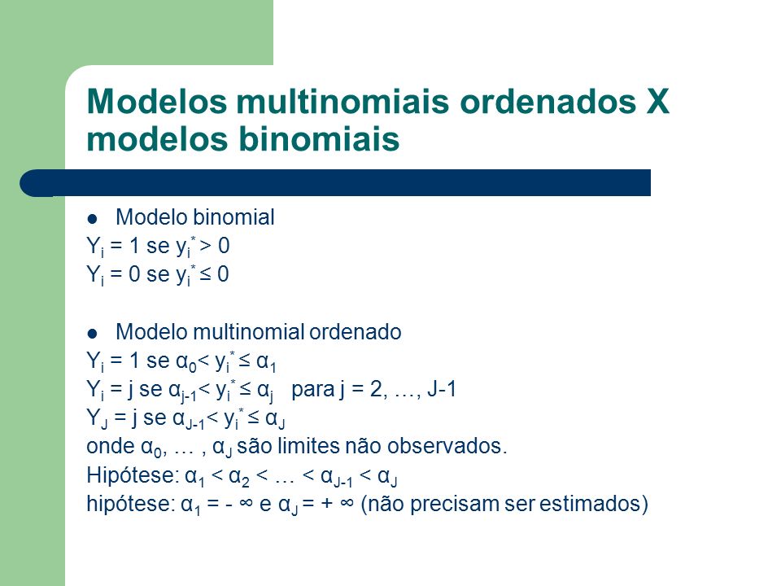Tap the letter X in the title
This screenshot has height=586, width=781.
click(657, 101)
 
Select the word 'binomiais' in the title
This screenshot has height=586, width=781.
click(319, 138)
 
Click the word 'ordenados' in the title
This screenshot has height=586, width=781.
click(548, 101)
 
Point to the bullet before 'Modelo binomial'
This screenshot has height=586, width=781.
click(92, 218)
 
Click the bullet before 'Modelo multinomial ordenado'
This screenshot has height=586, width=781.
click(92, 333)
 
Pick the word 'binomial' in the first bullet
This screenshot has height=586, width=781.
click(233, 216)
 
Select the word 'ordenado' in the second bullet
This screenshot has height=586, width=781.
click(356, 331)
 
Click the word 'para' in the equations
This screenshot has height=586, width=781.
click(312, 390)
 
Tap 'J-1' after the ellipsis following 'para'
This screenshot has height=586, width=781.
click(442, 389)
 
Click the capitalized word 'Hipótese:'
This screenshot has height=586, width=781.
click(133, 474)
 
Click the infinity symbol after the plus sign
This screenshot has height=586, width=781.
click(347, 503)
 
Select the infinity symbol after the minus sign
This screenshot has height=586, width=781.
click(246, 503)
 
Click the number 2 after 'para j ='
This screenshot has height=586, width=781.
click(377, 389)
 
